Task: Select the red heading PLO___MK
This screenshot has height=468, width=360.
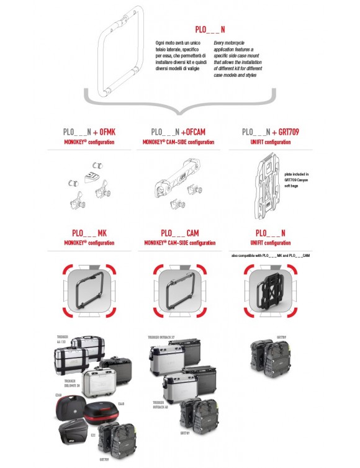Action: coord(89,233)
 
